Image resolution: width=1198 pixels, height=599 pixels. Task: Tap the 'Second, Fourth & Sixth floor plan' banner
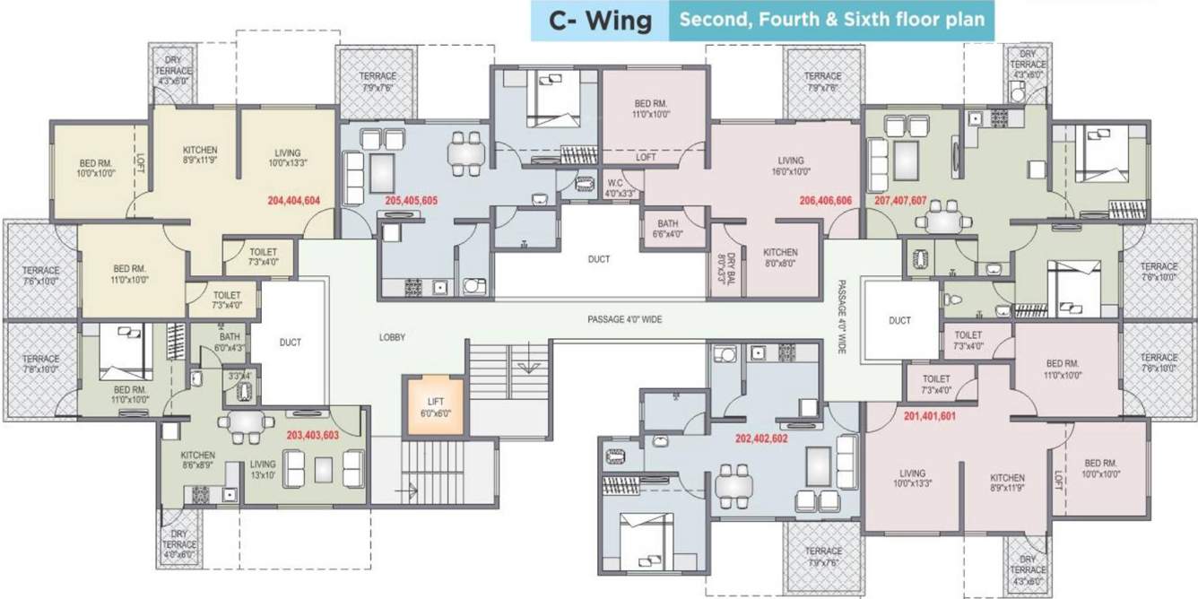830,20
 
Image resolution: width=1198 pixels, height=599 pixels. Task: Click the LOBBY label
392,338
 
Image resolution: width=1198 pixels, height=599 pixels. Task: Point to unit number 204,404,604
294,201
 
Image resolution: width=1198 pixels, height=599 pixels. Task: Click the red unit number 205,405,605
411,201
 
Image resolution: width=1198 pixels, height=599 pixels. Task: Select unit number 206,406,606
825,201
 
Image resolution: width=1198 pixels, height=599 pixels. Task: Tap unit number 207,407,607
899,201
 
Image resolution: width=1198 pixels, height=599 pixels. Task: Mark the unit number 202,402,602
761,439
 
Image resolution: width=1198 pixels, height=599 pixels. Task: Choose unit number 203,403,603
312,435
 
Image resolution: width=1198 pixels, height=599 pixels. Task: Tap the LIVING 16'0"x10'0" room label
790,166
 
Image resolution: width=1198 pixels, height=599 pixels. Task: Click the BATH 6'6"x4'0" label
668,229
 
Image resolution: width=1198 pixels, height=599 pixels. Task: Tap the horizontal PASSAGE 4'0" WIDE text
624,319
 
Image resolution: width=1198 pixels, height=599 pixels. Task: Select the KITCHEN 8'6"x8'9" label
198,460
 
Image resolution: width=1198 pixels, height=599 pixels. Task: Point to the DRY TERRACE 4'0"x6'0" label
180,544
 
